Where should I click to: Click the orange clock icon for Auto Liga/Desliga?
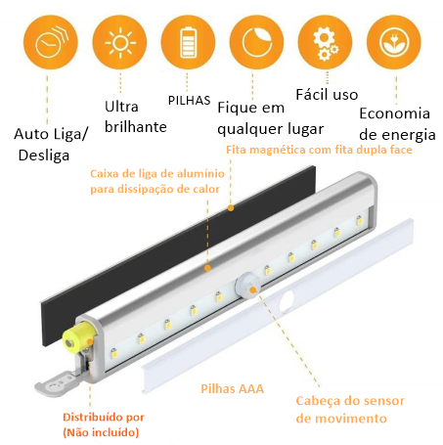[x=51, y=42]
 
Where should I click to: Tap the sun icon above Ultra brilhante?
[x=119, y=42]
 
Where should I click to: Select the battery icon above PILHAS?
[x=188, y=42]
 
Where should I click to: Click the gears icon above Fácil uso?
[x=326, y=42]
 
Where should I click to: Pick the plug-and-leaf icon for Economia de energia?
[x=394, y=42]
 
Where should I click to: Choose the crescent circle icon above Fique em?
[x=256, y=42]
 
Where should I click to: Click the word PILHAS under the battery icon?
[x=189, y=101]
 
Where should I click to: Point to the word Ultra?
[x=121, y=107]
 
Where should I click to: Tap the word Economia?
[x=394, y=113]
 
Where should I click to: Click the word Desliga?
[x=44, y=156]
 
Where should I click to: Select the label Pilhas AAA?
[x=232, y=389]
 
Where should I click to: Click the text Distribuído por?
[x=104, y=417]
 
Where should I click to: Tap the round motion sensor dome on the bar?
[x=247, y=286]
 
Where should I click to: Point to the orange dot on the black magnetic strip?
[x=231, y=207]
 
